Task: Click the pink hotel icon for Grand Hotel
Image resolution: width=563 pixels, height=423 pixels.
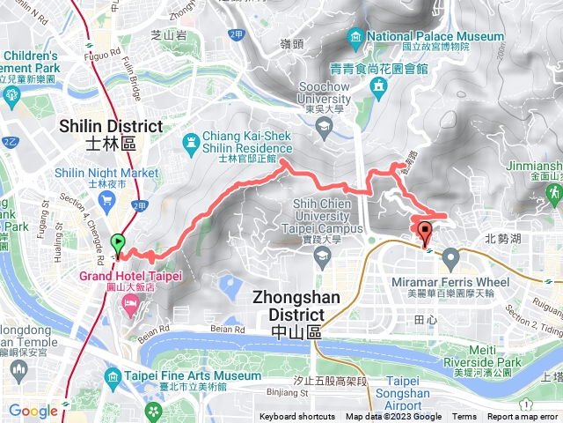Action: click(131, 303)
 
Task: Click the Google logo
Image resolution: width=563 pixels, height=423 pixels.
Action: click(33, 411)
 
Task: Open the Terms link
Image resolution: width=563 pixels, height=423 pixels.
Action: click(464, 417)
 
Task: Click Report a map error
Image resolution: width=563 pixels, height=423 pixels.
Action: click(524, 417)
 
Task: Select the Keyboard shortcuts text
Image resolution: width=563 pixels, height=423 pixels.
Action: click(296, 417)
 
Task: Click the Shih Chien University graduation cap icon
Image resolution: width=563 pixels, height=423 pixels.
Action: click(320, 256)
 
